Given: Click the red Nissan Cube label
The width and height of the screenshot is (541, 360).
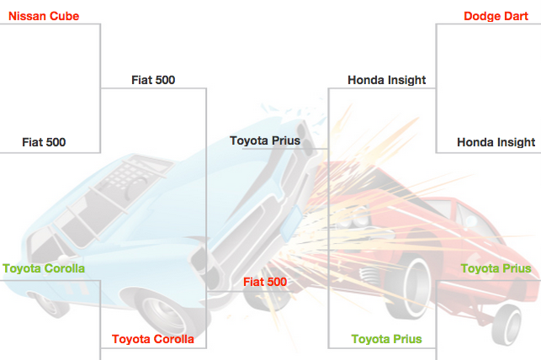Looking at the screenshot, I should click(x=44, y=16).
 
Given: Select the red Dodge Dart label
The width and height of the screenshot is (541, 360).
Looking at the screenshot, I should click(x=496, y=16).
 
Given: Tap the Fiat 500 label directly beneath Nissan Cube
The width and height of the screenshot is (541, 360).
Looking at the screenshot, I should click(x=44, y=142).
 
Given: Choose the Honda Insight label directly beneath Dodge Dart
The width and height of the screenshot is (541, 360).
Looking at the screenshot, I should click(x=496, y=142).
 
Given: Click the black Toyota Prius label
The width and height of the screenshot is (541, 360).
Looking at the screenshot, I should click(x=265, y=140).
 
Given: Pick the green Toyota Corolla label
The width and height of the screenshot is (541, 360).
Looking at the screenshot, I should click(x=43, y=269).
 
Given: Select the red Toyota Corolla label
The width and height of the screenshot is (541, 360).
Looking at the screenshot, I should click(x=153, y=340).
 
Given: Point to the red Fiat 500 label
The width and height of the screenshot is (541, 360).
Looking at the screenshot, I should click(x=265, y=282).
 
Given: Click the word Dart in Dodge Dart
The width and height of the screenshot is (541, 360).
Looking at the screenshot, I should click(x=516, y=16).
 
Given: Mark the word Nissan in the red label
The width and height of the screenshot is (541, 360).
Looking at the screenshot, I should click(x=26, y=16).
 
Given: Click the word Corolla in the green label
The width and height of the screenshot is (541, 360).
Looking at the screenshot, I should click(x=63, y=269).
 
